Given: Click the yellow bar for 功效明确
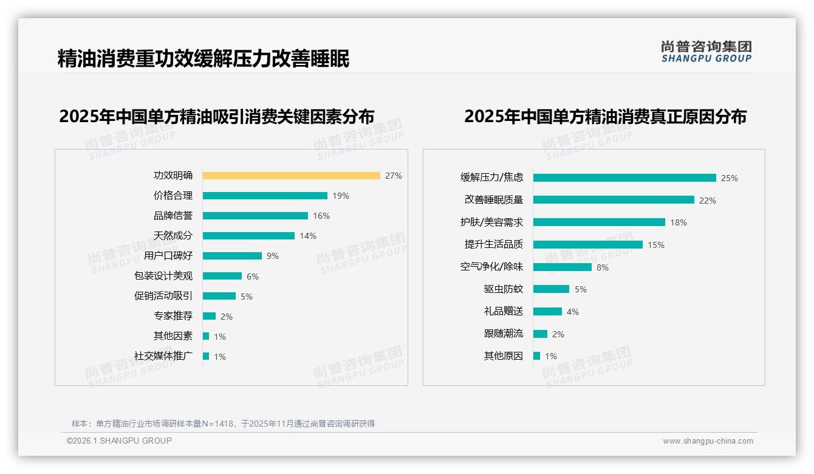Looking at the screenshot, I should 291,176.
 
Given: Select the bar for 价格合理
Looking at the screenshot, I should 265,196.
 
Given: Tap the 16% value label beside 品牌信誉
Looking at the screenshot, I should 321,216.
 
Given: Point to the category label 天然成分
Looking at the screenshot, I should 173,236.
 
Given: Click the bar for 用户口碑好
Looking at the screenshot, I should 232,256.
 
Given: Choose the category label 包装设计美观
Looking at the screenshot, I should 163,276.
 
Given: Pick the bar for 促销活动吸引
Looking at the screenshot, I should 219,296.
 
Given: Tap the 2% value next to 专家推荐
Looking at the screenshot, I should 226,317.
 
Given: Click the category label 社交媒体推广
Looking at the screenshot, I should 163,356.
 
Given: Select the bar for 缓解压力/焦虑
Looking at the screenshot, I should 624,178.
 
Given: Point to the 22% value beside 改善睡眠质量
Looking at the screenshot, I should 708,201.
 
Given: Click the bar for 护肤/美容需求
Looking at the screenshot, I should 599,222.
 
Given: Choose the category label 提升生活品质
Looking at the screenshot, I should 493,244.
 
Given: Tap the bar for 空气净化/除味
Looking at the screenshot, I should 562,267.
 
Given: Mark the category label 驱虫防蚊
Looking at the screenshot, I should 503,289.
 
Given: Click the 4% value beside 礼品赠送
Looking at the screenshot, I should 572,312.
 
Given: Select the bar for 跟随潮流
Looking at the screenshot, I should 540,334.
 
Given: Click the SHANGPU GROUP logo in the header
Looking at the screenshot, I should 706,52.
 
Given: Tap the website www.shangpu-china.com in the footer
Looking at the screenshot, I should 708,441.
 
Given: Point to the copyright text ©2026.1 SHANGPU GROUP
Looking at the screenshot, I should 119,441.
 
